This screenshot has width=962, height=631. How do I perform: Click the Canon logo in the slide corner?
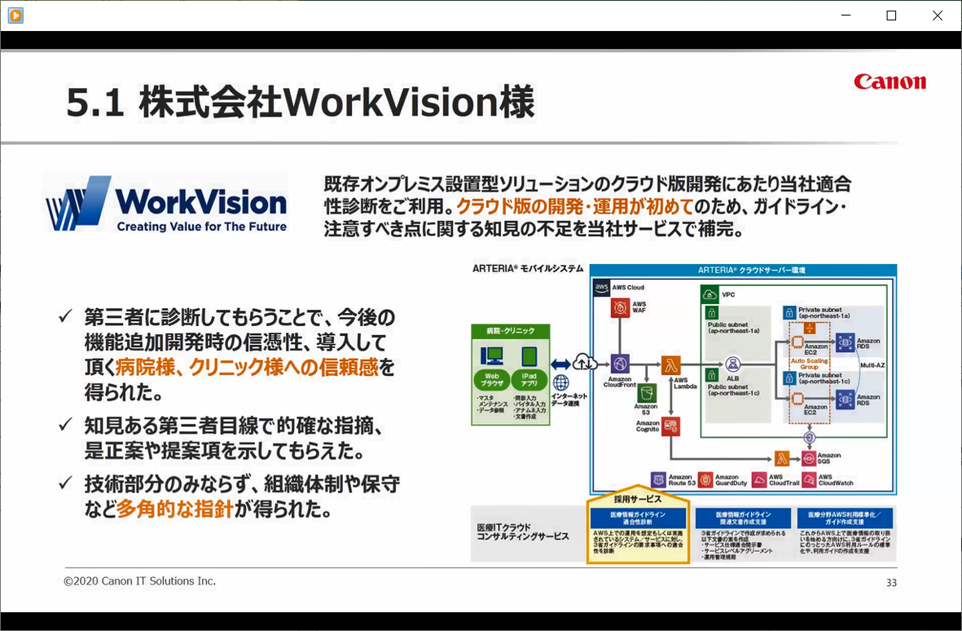coord(890,82)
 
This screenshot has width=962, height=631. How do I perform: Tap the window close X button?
coord(938,15)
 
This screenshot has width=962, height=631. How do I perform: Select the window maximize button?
coord(891,15)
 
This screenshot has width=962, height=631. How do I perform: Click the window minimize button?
coord(845,15)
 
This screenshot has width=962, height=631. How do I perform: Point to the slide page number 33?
coord(891,583)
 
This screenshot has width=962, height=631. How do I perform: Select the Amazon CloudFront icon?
coord(621,364)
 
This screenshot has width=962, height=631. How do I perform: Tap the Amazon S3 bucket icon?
coord(648,393)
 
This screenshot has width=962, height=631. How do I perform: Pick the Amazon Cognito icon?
coord(670,425)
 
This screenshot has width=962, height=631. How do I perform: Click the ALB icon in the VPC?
coord(732,364)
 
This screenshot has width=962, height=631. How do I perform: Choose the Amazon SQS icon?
coord(809,458)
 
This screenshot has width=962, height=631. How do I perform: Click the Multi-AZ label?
coord(872,365)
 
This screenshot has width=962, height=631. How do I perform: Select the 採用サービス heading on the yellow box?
coord(638,497)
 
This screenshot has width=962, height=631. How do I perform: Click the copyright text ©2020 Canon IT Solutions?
coord(140,581)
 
